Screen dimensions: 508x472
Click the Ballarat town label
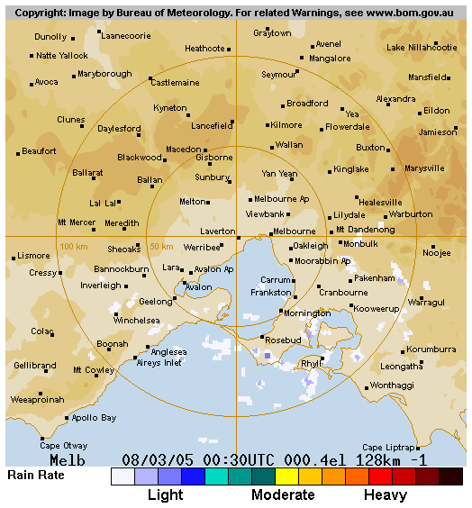click(x=87, y=172)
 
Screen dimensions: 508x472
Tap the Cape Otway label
click(x=62, y=446)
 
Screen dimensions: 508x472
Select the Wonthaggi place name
click(x=392, y=385)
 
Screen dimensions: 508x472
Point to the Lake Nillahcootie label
click(x=422, y=47)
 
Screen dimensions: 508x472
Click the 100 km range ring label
click(x=73, y=246)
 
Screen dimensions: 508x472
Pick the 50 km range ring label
click(x=160, y=246)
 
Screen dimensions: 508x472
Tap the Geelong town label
click(x=155, y=302)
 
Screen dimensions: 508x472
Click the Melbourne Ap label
click(x=281, y=198)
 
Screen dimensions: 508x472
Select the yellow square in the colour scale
click(x=286, y=476)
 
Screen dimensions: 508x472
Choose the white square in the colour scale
click(x=123, y=476)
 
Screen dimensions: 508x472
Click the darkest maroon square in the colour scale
click(x=450, y=476)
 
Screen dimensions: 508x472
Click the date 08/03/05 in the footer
click(x=158, y=459)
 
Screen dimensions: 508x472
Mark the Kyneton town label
click(x=170, y=108)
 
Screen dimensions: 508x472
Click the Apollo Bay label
click(x=94, y=418)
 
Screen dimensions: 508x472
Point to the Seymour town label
click(x=278, y=75)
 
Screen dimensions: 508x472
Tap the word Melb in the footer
click(x=68, y=459)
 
